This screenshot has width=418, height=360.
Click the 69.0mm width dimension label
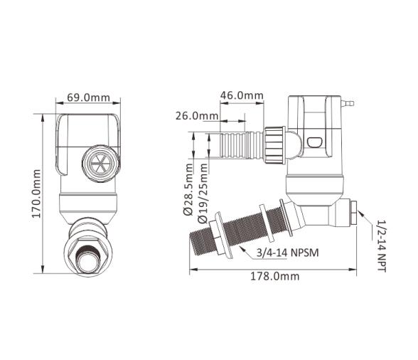click(88, 97)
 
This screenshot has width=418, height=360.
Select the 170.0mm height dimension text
click(36, 194)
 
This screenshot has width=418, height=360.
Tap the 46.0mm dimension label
click(242, 95)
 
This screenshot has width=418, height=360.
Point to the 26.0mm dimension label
click(197, 116)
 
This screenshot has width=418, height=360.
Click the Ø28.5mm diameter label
click(188, 189)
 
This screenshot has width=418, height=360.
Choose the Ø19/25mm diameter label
click(203, 193)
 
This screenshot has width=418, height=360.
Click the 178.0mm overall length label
click(274, 276)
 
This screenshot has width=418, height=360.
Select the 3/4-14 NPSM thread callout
click(287, 252)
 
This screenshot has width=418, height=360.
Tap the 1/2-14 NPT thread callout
click(382, 245)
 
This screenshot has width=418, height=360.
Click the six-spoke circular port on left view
click(101, 164)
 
